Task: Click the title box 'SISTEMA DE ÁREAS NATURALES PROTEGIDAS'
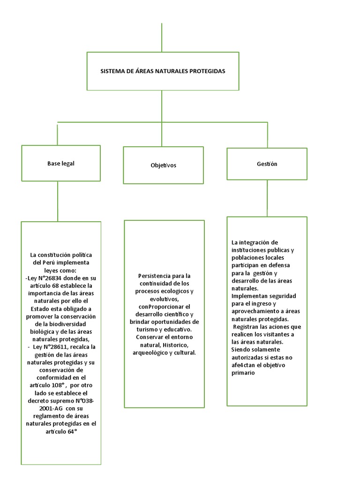(x=163, y=71)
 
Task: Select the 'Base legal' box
(x=61, y=163)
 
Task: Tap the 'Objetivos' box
(x=163, y=165)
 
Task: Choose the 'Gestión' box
(x=267, y=164)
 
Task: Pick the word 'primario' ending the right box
(x=243, y=373)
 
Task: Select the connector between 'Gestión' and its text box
(x=267, y=198)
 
